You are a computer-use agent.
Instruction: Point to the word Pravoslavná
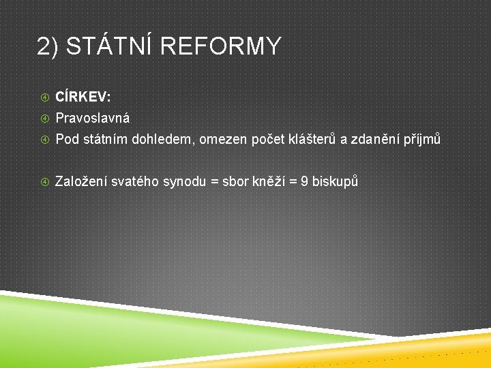tap(93, 118)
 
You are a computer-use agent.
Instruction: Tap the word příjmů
tap(423, 140)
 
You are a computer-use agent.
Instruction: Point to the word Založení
tap(80, 181)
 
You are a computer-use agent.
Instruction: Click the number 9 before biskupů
tap(305, 181)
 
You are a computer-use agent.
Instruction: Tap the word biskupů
tap(335, 181)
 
